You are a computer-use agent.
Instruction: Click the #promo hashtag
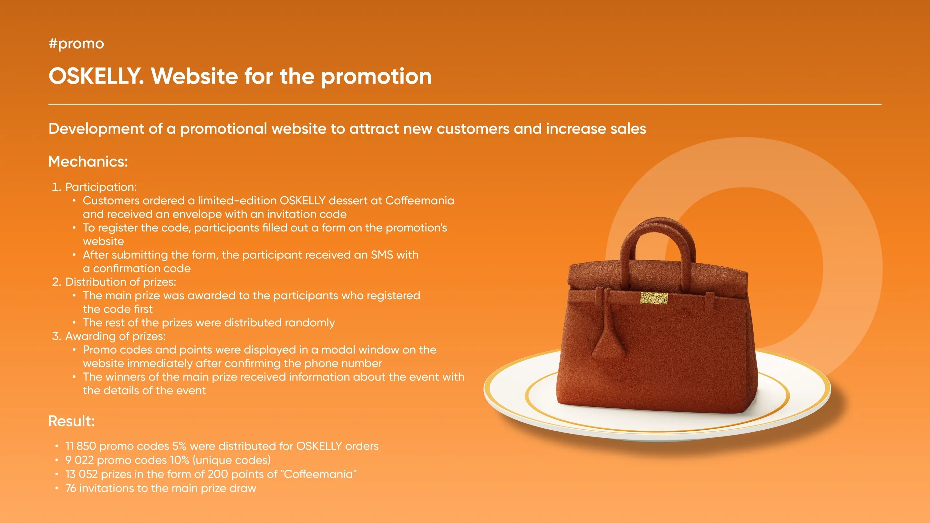tap(76, 44)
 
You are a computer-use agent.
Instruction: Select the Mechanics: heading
tap(88, 161)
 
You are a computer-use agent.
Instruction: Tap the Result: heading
tap(71, 421)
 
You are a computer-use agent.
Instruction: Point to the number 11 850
tap(80, 446)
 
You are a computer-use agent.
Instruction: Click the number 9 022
tap(79, 460)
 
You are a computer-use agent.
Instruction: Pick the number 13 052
tap(81, 474)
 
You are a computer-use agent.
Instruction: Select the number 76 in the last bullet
tap(71, 488)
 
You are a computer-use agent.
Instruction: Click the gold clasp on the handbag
tap(654, 298)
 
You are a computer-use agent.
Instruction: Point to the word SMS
tap(382, 255)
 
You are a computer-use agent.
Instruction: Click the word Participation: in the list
tap(101, 187)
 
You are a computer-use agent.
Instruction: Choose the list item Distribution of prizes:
tap(120, 282)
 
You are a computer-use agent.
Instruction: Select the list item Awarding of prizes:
tap(116, 336)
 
